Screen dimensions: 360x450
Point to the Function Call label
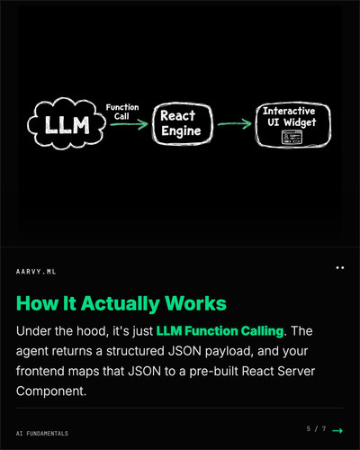point(122,112)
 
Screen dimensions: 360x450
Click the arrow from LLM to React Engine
point(129,124)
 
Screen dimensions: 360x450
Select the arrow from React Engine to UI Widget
point(235,124)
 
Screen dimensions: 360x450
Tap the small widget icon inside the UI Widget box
point(292,137)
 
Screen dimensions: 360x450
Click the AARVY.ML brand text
point(36,272)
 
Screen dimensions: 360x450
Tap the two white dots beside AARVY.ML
point(340,267)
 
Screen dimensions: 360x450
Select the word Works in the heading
point(195,303)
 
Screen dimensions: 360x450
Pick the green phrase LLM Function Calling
point(220,331)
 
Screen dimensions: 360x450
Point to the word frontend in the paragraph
point(40,371)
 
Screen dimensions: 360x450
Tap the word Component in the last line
point(51,391)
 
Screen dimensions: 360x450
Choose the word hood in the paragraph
point(93,331)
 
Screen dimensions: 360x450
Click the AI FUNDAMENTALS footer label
point(42,434)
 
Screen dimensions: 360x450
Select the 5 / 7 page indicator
point(316,428)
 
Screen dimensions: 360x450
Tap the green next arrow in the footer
point(337,431)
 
